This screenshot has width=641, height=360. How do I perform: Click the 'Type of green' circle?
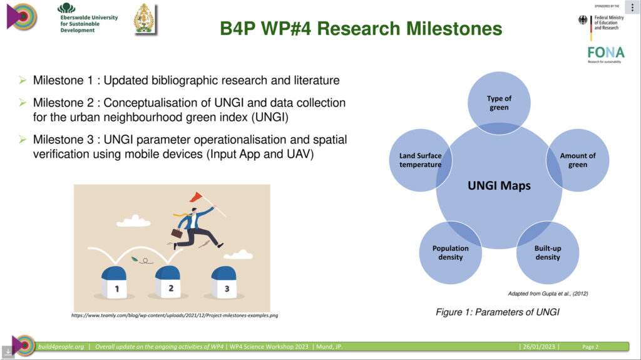499,103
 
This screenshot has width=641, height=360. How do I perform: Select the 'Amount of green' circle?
578,160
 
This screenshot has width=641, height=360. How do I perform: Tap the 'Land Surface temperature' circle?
421,160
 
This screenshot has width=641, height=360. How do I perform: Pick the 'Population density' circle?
451,252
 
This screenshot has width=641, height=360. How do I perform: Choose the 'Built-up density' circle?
548,252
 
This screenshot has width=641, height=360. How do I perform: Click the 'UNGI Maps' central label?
499,185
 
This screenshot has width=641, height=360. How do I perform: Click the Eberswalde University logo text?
89,24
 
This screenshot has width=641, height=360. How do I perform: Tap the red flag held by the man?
197,197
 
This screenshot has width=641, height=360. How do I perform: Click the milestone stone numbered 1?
114,282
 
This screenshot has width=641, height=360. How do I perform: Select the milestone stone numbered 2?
168,282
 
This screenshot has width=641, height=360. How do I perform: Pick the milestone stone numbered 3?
223,282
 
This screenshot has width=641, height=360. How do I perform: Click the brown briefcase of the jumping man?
177,233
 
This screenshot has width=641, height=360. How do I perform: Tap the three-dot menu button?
632,8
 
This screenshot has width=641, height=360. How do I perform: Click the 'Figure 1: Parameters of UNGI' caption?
498,312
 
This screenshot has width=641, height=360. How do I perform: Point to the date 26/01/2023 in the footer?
539,346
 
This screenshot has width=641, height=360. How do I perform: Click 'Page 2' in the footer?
590,347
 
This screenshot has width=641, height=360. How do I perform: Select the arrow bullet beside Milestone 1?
23,80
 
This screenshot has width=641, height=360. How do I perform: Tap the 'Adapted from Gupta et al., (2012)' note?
548,293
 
